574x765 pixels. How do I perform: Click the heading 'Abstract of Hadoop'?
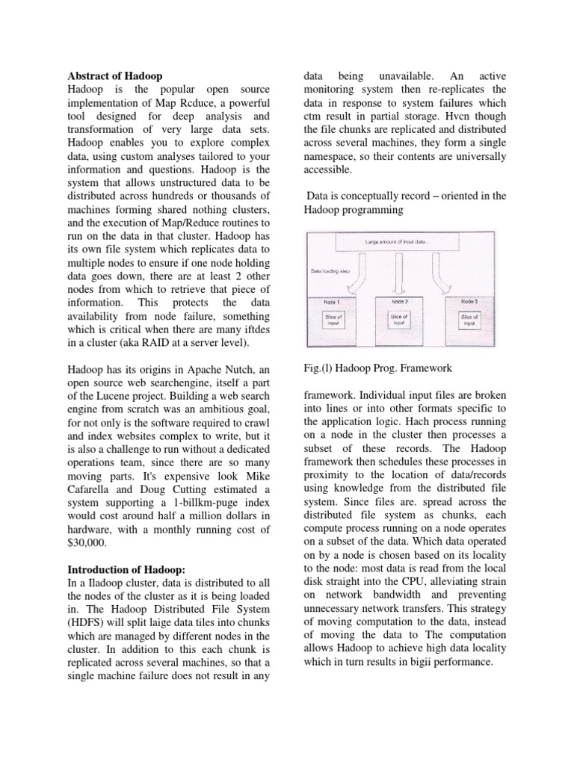coord(115,76)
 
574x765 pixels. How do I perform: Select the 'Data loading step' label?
coord(329,273)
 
